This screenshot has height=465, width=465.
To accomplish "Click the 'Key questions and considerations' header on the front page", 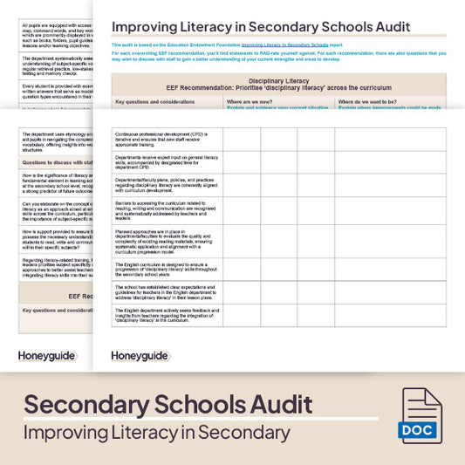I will point(155,102).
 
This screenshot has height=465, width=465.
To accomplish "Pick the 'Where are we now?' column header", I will point(252,102).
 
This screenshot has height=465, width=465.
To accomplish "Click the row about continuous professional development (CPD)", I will point(166,140).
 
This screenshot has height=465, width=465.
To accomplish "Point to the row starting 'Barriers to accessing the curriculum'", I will point(166,208).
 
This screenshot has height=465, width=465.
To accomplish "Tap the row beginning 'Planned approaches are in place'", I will point(166,241).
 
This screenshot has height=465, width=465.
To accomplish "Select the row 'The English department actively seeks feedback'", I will point(166,316).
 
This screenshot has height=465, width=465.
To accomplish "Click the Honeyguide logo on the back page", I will point(47,356).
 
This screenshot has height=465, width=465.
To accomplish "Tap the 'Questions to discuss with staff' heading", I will point(57,162).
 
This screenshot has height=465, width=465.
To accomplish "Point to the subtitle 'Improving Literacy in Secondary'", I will point(157,433).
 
